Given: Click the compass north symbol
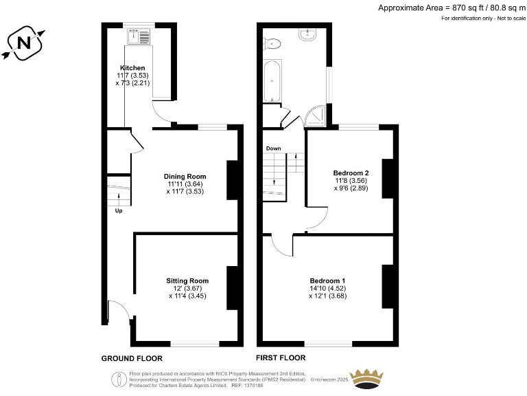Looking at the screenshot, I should (x=24, y=43).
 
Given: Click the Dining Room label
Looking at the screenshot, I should (x=185, y=176).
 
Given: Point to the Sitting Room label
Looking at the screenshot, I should (x=187, y=280).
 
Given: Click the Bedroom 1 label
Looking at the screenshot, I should (x=327, y=280).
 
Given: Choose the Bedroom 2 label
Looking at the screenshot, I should (x=351, y=173).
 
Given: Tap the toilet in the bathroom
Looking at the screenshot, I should (x=273, y=43).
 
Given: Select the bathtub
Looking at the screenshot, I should (x=272, y=81).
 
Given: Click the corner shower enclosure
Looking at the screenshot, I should (x=316, y=117).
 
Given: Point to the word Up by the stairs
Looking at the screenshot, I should (x=119, y=210).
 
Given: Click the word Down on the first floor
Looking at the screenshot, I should (x=273, y=148).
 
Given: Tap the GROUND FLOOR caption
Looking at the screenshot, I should (x=132, y=358).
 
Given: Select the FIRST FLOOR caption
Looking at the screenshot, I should (x=281, y=357).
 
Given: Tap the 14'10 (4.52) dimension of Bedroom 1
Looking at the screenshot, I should (x=327, y=289).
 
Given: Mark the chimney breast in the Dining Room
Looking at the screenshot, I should (x=232, y=179).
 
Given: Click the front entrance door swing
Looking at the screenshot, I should (x=121, y=311).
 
